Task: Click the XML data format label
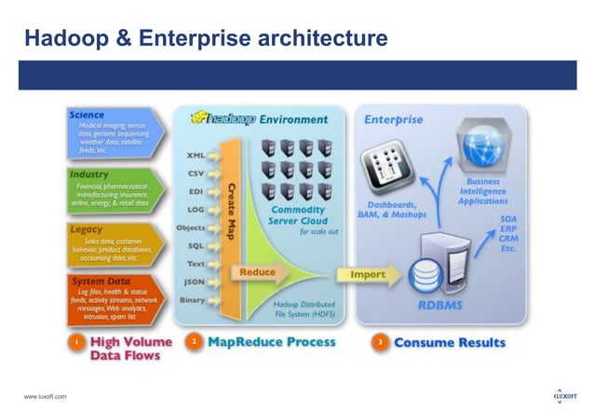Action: [195, 156]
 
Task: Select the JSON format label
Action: [193, 281]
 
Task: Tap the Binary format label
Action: [191, 299]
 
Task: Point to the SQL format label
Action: [195, 245]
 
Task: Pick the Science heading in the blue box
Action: [88, 115]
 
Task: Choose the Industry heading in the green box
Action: [89, 173]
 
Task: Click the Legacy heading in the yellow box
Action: [86, 227]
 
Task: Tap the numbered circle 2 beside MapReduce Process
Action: [194, 342]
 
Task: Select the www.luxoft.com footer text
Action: [46, 398]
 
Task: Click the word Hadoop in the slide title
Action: [62, 38]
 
